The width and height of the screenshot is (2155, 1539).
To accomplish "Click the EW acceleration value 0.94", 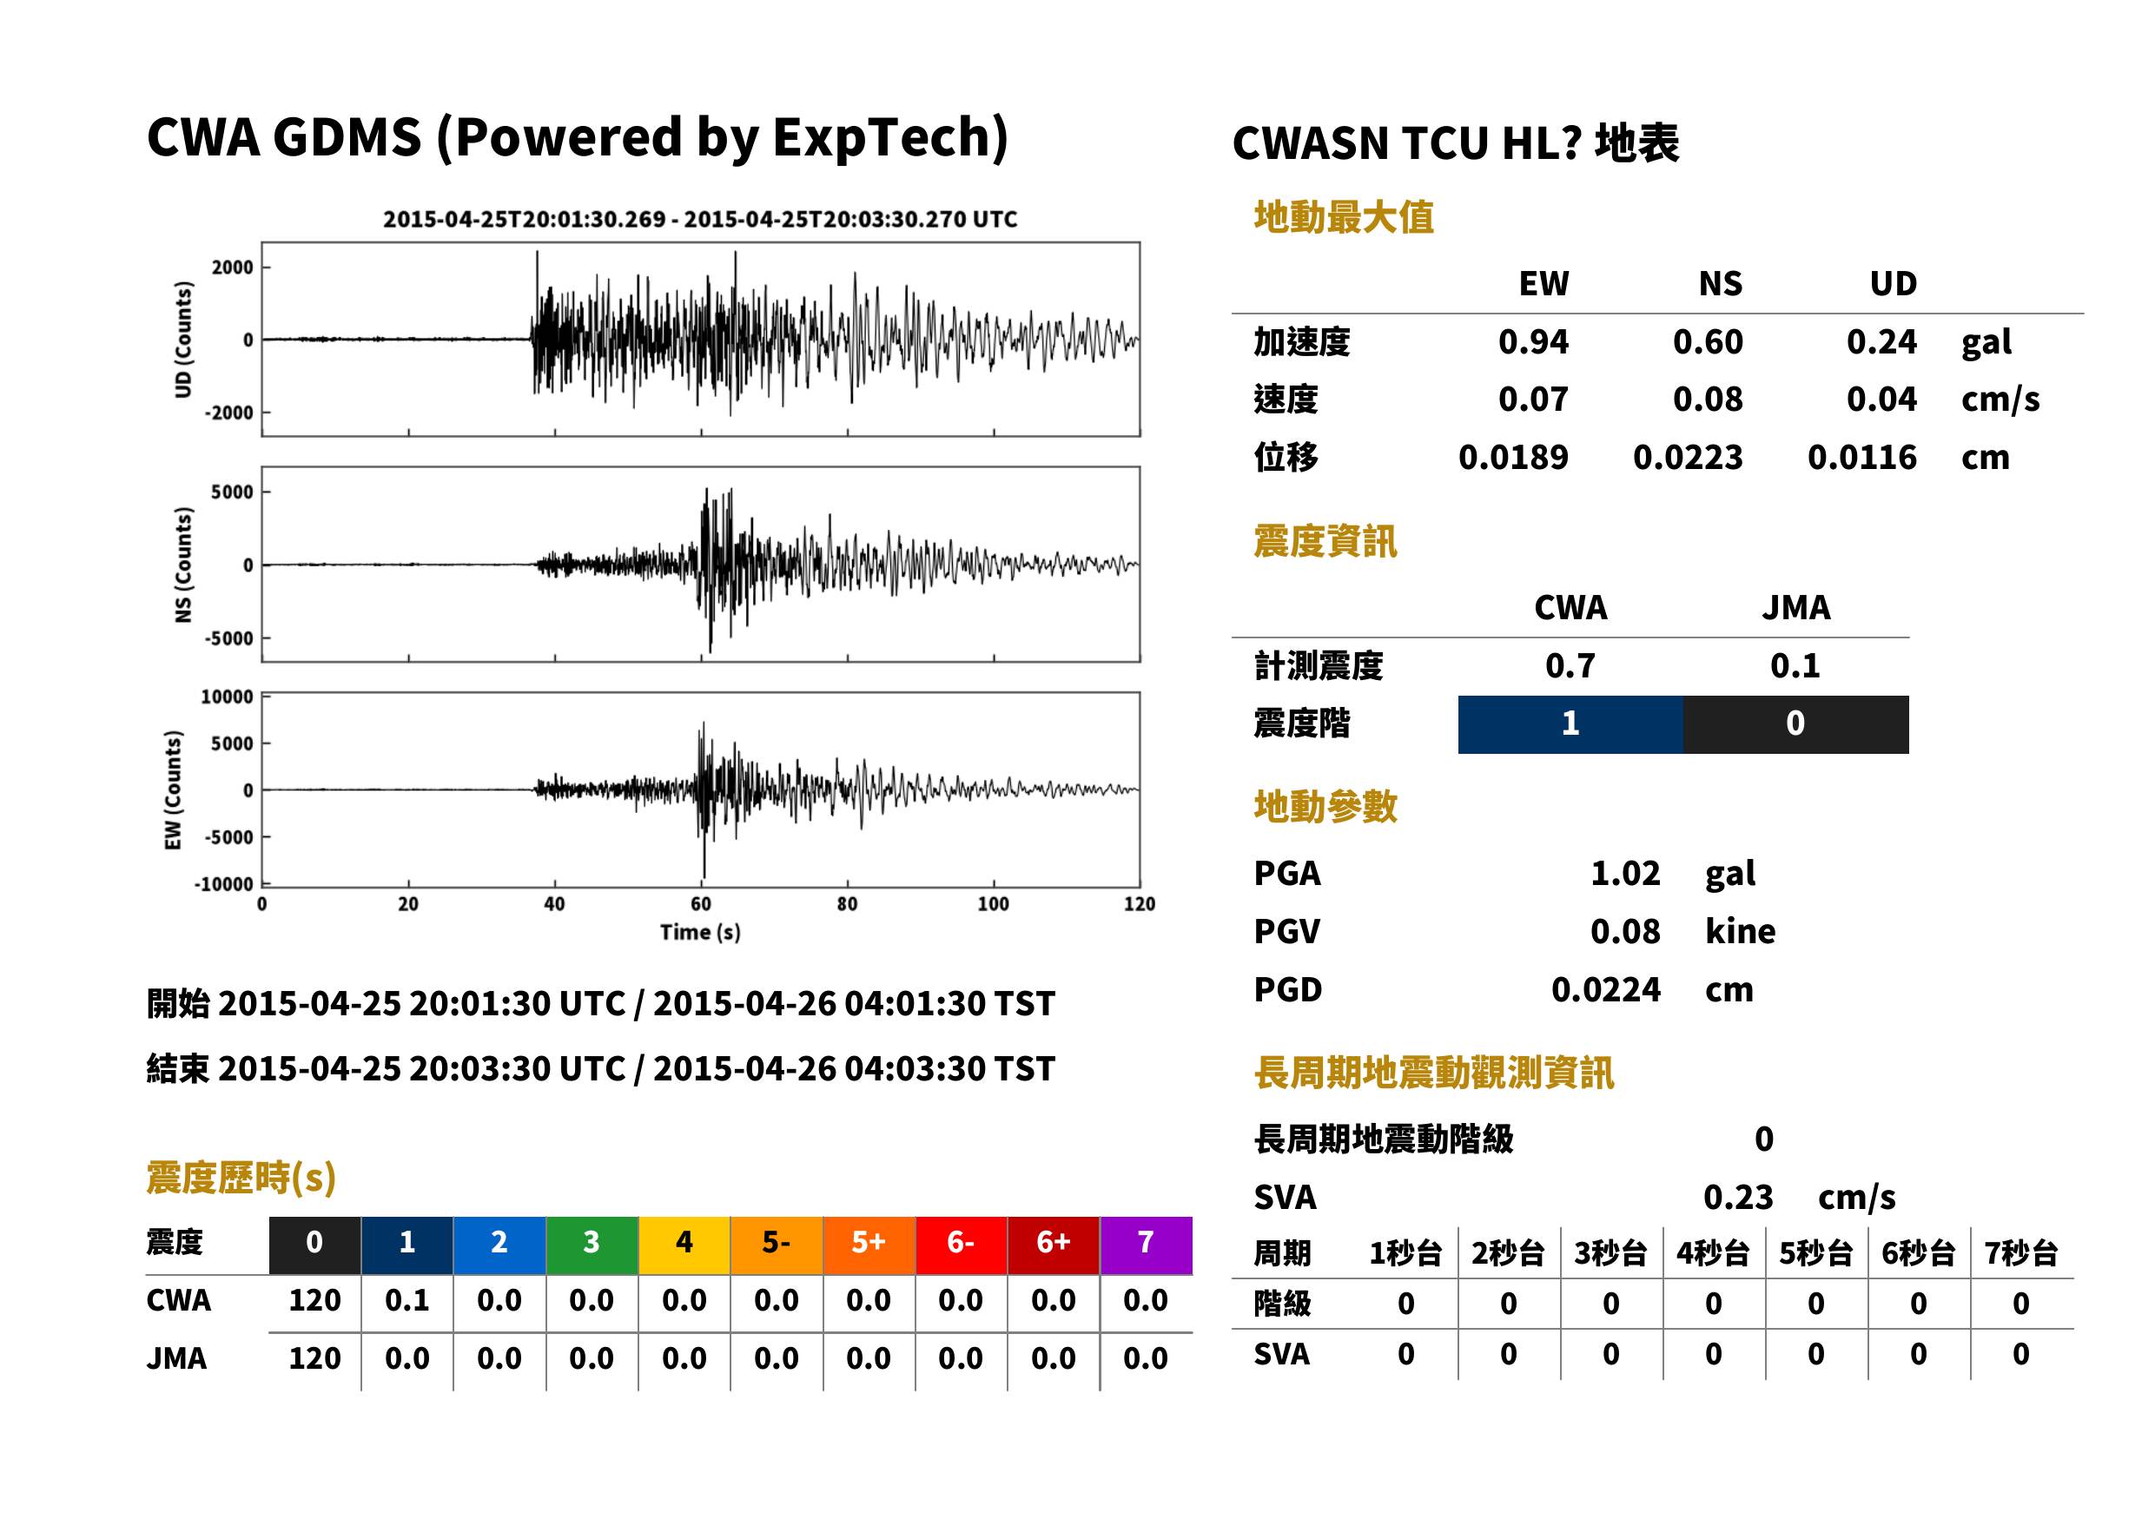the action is [x=1532, y=342].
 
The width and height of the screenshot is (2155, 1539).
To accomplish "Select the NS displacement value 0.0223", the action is [x=1687, y=458].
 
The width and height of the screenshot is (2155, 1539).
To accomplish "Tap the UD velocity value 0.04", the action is [x=1881, y=400].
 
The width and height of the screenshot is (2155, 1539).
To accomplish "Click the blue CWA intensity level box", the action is [x=1570, y=724].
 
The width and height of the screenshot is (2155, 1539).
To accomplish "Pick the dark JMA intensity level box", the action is [x=1796, y=724].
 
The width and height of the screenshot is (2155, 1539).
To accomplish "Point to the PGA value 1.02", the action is [x=1625, y=874].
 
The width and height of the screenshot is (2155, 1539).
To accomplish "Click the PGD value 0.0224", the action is [x=1605, y=990].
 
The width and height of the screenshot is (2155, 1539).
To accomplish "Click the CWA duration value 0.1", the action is [x=407, y=1301].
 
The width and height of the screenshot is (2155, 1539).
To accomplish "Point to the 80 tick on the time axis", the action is [x=847, y=904].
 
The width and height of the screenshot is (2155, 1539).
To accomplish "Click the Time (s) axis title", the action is [x=700, y=933].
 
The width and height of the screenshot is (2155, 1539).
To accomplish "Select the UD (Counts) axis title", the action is [x=183, y=340].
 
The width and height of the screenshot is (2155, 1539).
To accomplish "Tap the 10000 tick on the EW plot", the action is [x=227, y=697].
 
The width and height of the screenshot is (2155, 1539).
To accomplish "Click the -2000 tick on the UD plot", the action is [x=229, y=413].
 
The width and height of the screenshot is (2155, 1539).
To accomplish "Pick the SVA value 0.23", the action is [x=1738, y=1198].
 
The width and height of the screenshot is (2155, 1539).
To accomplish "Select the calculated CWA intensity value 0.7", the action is [x=1570, y=666].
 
